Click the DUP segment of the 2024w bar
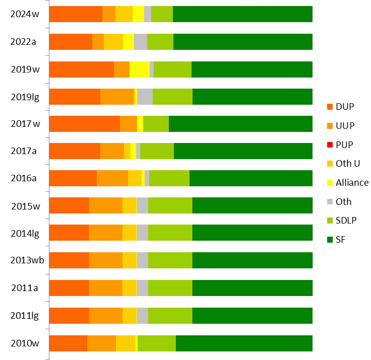[x=76, y=14]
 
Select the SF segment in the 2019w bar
[x=252, y=69]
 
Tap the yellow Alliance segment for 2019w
[x=140, y=69]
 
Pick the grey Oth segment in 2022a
[x=141, y=42]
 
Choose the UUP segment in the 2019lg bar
[x=117, y=97]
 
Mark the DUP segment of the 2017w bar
[x=84, y=124]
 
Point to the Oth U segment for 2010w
[x=126, y=343]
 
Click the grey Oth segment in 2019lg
[x=145, y=97]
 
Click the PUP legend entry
[x=345, y=145]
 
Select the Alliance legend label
[x=352, y=182]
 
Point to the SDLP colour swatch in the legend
[x=330, y=220]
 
